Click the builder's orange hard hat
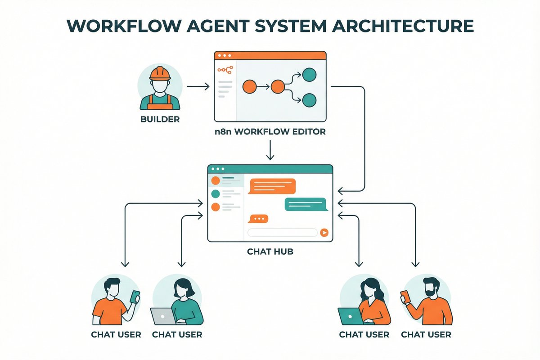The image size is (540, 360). tap(160, 73)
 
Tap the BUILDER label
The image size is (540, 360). tap(160, 120)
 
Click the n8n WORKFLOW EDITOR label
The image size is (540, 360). tap(270, 133)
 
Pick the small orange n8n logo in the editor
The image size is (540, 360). tap(225, 70)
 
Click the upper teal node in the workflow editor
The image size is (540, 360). tap(309, 74)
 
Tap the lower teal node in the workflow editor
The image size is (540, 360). tap(309, 100)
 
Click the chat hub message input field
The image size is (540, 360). tap(283, 233)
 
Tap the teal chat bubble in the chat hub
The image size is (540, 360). tap(305, 204)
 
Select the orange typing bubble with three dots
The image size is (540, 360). tap(258, 219)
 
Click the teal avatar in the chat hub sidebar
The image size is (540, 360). tap(216, 194)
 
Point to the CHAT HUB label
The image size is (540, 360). tap(270, 252)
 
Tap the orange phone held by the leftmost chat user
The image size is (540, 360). tap(135, 297)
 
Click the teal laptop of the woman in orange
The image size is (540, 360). tap(351, 316)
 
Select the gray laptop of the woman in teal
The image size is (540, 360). tap(163, 316)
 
